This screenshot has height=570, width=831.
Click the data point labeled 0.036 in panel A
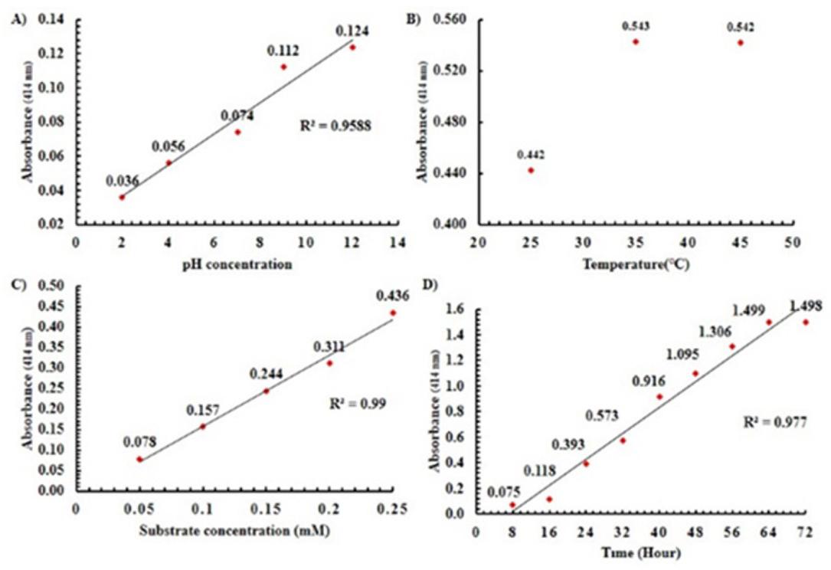click(x=121, y=197)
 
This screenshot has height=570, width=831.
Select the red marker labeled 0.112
click(x=283, y=67)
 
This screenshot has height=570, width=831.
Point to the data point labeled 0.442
click(x=531, y=170)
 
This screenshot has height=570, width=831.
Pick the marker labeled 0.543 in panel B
click(x=636, y=41)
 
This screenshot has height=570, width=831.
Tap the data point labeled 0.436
click(x=393, y=313)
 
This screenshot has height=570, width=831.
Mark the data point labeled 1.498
click(x=805, y=322)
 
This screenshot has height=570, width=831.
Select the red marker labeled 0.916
click(x=659, y=396)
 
